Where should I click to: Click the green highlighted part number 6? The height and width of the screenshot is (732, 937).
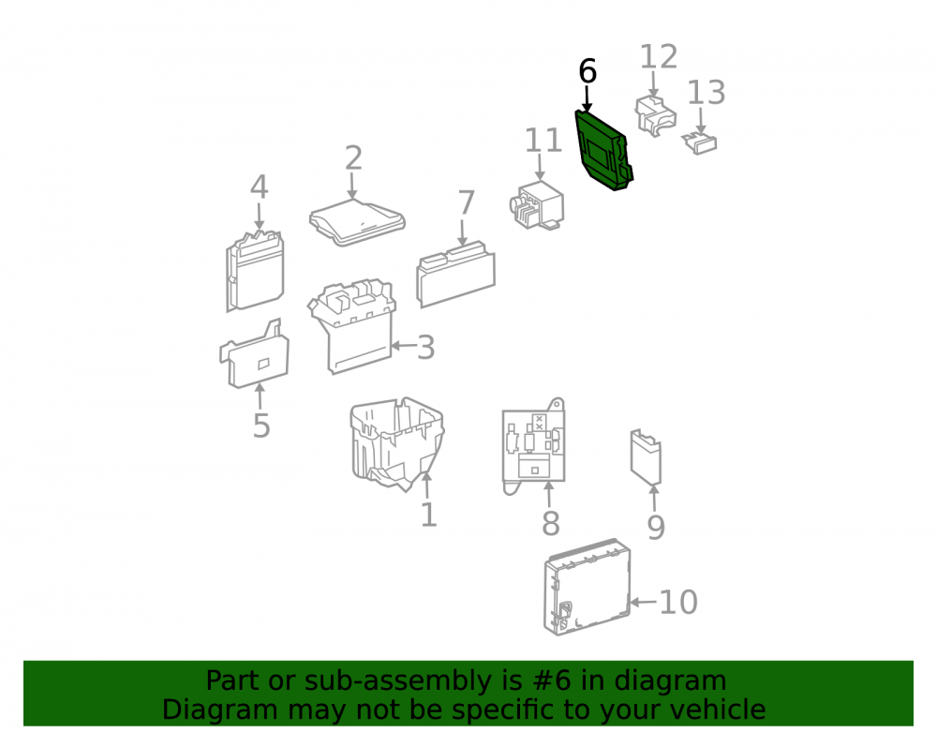(602, 151)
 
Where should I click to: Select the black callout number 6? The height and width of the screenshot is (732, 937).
(587, 72)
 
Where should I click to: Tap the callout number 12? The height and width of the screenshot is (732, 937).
(659, 57)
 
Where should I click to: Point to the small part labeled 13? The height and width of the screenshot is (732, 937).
(700, 143)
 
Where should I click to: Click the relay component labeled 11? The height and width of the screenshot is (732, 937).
(536, 205)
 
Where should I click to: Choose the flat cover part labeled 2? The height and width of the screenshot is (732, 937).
(357, 222)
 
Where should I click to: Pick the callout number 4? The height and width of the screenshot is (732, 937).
(259, 187)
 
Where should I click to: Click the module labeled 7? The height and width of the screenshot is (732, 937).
(456, 275)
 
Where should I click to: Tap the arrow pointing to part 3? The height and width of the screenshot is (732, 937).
(403, 346)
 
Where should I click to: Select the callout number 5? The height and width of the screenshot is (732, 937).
(261, 426)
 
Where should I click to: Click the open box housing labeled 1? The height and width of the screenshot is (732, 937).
(396, 444)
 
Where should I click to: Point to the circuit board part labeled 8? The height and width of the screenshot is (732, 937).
(534, 447)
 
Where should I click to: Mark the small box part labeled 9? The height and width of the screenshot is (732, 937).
(646, 456)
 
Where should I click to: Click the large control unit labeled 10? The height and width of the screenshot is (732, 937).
(587, 586)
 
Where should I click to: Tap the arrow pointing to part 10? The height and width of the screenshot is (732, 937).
(644, 602)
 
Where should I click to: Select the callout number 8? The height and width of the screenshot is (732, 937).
(550, 524)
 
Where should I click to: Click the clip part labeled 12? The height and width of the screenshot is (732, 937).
(656, 115)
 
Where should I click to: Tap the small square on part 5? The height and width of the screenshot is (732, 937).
(263, 364)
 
